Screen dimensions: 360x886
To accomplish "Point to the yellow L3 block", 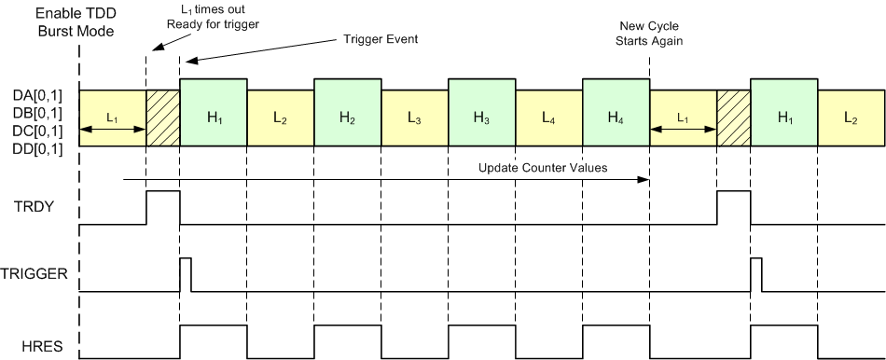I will [x=414, y=118].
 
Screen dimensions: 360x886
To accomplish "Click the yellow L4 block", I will [x=548, y=118].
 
